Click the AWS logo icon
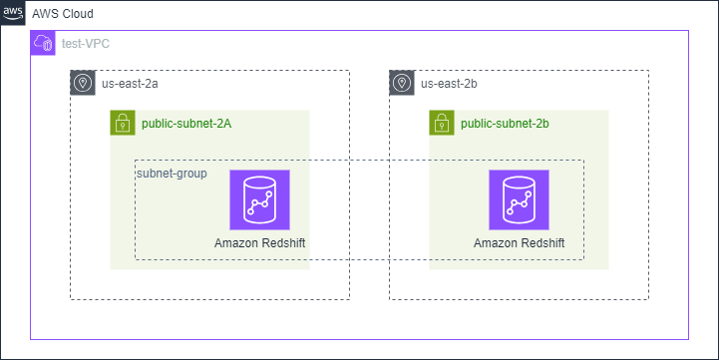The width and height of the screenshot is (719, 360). click(x=13, y=13)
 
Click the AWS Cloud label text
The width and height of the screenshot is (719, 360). click(x=63, y=14)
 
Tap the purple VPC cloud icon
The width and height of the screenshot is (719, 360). click(x=43, y=43)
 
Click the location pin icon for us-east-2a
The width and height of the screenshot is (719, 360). click(x=83, y=83)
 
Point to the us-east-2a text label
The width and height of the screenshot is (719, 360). click(x=131, y=84)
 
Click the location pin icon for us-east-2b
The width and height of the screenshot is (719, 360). click(x=402, y=83)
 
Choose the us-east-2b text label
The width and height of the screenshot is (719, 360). click(x=450, y=84)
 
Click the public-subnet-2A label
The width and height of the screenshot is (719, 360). click(x=186, y=124)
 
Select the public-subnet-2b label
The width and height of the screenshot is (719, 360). click(x=505, y=124)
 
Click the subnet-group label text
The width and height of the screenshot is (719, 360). click(x=172, y=173)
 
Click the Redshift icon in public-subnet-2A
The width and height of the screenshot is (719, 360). click(x=259, y=199)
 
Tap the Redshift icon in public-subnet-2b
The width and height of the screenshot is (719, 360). click(x=519, y=199)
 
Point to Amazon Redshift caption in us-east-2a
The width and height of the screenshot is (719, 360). click(x=259, y=243)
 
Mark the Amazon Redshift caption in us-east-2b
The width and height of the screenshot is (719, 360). click(x=519, y=243)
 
